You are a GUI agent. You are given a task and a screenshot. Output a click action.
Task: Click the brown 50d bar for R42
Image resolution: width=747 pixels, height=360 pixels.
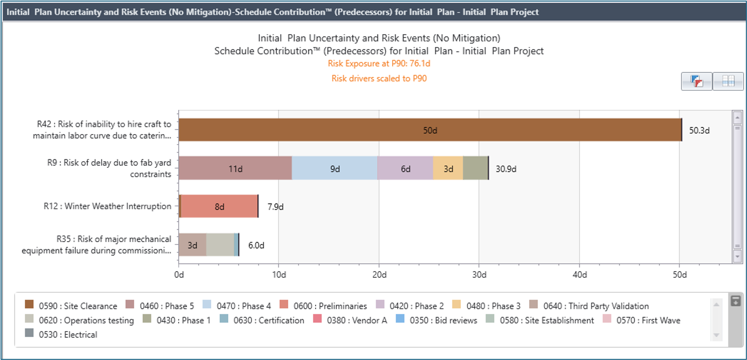click(430, 130)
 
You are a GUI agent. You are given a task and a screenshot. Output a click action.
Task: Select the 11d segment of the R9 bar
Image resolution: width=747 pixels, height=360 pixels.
click(235, 168)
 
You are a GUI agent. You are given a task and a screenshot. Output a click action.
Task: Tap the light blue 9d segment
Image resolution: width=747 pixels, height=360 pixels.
click(335, 168)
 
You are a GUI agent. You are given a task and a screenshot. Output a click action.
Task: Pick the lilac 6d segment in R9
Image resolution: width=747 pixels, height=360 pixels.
click(405, 168)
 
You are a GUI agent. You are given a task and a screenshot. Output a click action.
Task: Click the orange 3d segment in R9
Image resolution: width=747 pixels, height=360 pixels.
click(448, 168)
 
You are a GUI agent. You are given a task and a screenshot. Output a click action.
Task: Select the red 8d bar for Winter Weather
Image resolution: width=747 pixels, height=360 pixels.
click(219, 206)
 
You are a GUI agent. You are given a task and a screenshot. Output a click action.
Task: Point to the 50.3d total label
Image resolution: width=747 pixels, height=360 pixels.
click(699, 130)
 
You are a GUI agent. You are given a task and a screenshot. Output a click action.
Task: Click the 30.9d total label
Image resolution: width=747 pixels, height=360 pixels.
click(506, 169)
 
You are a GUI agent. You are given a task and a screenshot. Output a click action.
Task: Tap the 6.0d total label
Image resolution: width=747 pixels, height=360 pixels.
click(256, 245)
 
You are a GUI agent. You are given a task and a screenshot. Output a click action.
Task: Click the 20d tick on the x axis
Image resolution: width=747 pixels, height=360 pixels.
click(379, 275)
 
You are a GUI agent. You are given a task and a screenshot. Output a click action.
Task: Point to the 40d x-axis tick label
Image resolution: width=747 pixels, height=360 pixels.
click(580, 275)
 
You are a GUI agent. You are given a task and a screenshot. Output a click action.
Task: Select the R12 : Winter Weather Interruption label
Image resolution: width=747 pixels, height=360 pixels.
click(107, 206)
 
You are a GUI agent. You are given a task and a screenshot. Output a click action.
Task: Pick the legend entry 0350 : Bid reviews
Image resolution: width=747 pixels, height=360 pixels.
click(443, 321)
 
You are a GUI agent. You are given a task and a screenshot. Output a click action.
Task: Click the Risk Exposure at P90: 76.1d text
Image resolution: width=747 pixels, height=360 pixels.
click(379, 64)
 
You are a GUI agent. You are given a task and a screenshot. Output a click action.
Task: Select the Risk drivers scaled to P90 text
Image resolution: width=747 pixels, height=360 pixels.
click(379, 78)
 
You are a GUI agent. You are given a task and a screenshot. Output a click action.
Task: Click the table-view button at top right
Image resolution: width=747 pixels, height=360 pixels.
click(728, 81)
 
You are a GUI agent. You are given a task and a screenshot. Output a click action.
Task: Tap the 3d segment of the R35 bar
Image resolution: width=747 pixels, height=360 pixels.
click(192, 245)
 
